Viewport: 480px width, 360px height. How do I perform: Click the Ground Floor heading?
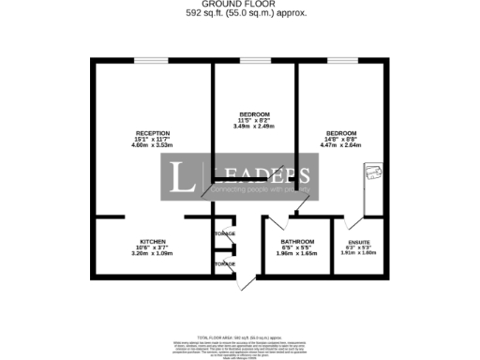coord(239,5)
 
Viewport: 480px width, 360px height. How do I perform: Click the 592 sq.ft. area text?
coord(239,13)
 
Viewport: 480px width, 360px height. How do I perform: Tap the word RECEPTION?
coord(152,132)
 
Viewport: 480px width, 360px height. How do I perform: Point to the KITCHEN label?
coord(153,241)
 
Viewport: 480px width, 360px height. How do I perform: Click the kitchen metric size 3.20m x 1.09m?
coord(153,253)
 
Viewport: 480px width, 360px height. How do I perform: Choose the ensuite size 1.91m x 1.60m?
coord(359,253)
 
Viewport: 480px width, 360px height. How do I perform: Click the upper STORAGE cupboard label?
coord(225,233)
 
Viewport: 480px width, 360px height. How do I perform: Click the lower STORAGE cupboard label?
coord(225,263)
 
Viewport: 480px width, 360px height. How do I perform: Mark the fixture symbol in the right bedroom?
coord(374,173)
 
